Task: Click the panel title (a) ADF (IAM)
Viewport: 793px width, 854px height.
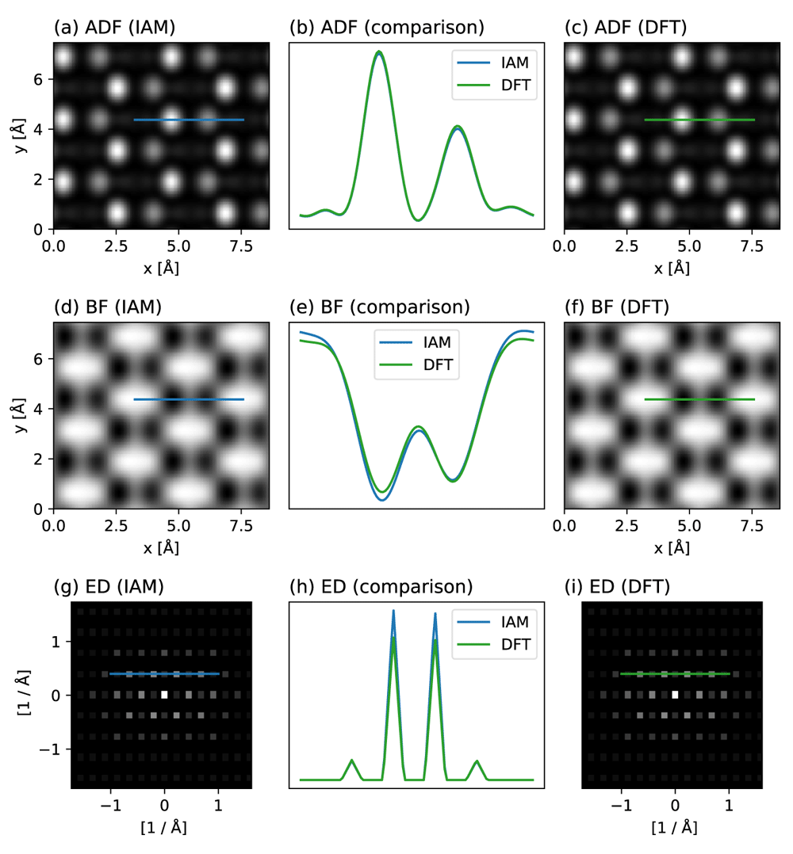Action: tap(114, 27)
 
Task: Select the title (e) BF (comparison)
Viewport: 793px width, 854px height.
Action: tap(379, 307)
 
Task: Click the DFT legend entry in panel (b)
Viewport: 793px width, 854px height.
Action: tap(494, 85)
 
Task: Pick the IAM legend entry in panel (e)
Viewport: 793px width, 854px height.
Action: tap(416, 342)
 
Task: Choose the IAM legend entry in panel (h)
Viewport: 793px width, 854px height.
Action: tap(493, 622)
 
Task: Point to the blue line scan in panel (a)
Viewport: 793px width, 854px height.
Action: tap(189, 120)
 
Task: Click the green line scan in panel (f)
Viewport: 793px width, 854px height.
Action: tap(699, 399)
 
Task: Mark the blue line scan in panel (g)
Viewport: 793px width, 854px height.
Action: tap(164, 673)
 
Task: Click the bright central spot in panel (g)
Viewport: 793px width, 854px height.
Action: tap(165, 695)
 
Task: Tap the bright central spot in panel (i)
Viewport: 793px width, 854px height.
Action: tap(676, 695)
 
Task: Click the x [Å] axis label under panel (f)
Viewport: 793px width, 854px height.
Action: tap(672, 548)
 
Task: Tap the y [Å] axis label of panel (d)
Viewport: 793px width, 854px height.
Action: tap(20, 415)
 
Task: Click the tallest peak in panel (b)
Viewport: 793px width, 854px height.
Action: tap(379, 52)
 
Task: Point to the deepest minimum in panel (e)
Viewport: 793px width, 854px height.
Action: tap(382, 499)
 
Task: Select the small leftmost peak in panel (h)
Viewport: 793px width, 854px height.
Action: tap(352, 761)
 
